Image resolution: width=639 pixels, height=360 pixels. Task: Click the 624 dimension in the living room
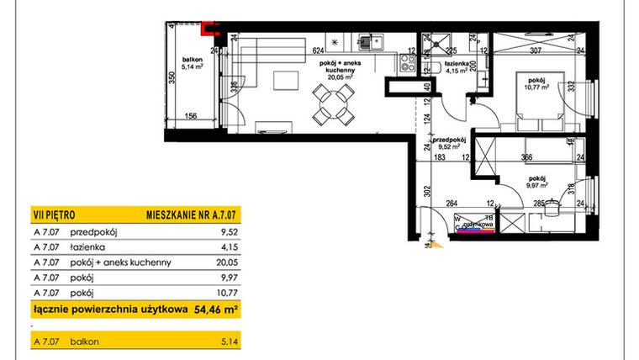coord(318,50)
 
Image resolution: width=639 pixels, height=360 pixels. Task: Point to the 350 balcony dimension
coord(170,80)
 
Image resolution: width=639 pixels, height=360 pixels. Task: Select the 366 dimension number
coord(527,157)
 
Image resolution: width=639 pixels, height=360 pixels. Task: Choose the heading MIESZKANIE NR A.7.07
coord(189,215)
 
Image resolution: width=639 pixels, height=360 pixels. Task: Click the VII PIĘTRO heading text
coord(53,215)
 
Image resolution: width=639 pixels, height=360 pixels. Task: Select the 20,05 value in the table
coord(225,262)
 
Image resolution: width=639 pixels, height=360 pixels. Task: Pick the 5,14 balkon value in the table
coord(228,341)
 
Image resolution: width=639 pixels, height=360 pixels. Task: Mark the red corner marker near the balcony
coord(211,30)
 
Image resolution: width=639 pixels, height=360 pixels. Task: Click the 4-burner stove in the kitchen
coord(408,61)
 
